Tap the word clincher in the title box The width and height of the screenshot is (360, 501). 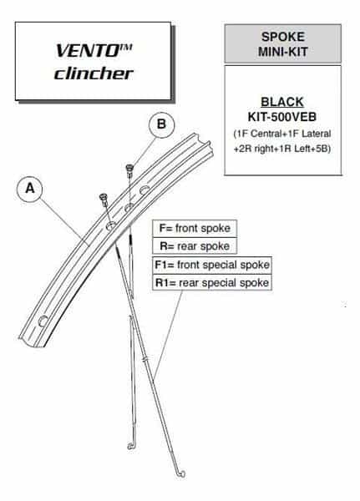[x=94, y=73]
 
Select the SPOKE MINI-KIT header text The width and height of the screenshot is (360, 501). [x=283, y=44]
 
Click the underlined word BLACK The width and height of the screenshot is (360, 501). [x=282, y=102]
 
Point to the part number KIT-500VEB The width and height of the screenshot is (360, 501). [x=282, y=117]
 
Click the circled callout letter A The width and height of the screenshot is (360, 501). [x=30, y=189]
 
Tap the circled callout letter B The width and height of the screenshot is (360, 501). [x=162, y=124]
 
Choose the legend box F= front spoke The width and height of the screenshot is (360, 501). [x=195, y=229]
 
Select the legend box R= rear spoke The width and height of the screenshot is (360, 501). [x=195, y=246]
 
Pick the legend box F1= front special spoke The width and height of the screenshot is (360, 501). [x=212, y=265]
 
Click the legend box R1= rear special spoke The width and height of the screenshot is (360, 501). [x=212, y=282]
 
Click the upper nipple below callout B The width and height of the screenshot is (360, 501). [x=129, y=170]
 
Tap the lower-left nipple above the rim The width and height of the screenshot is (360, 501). [x=104, y=200]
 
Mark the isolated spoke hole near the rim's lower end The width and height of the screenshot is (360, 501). [x=43, y=321]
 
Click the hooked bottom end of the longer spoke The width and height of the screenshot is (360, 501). [x=181, y=473]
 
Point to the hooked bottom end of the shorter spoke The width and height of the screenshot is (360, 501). [x=131, y=445]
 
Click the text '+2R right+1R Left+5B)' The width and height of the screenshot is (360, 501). [x=282, y=149]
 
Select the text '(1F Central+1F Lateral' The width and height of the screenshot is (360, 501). [x=282, y=134]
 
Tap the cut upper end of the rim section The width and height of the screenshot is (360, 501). [x=204, y=144]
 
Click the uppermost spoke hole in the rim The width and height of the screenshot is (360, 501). [x=145, y=190]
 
